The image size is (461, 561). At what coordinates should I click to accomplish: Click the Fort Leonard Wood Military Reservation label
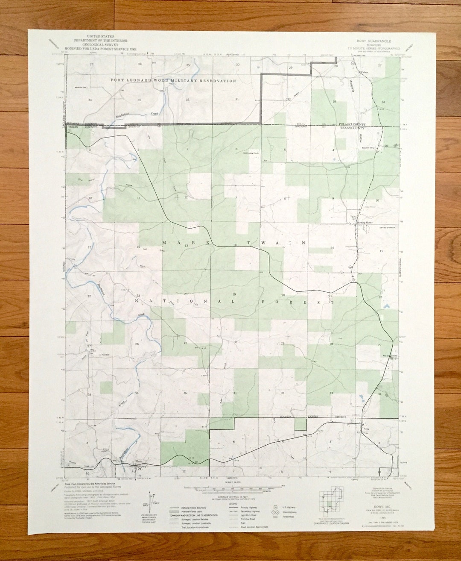pos(173,80)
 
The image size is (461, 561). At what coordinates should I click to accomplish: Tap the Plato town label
pos(138,461)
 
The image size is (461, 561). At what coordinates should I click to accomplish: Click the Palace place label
pos(364,72)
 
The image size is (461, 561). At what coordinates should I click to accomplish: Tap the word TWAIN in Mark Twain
pos(285,243)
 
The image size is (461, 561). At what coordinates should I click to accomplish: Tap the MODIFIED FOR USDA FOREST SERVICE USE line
pos(100,49)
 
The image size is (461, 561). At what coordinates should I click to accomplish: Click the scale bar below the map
pos(230,488)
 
